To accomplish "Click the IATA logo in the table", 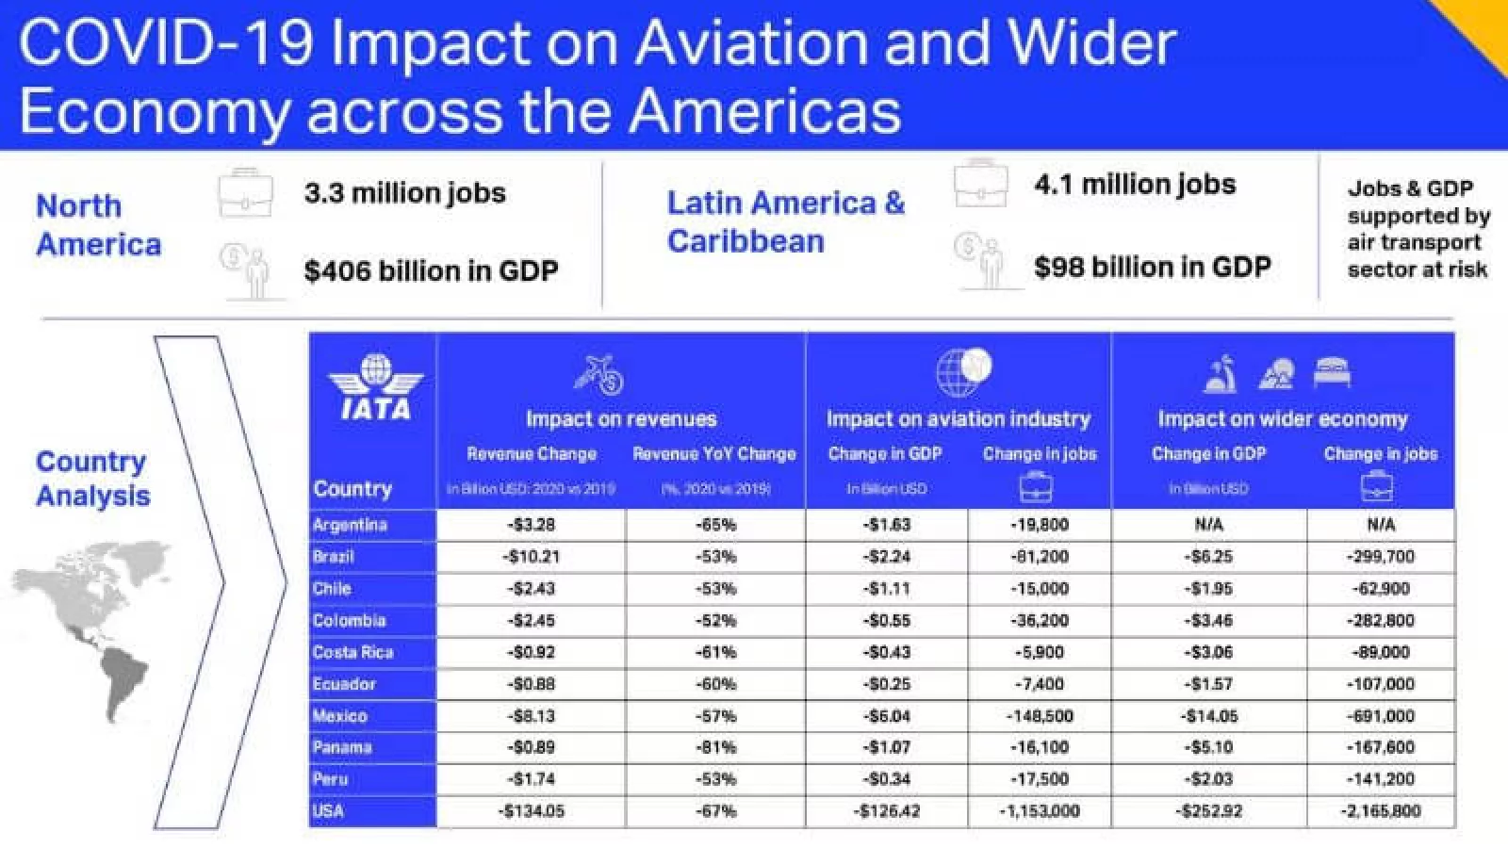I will (375, 387).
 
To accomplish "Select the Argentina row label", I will (350, 525).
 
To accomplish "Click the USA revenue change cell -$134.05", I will (533, 811).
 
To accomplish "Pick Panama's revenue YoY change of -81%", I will (716, 747).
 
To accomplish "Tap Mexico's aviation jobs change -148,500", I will (1040, 716).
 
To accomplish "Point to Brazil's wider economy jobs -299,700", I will (1381, 557).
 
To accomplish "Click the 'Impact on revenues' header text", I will (621, 418).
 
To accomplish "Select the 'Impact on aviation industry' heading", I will (959, 418).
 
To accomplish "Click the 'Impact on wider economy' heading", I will (1283, 418).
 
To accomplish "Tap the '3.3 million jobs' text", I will (404, 193).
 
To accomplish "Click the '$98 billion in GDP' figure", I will (1152, 268).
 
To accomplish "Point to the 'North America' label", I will (98, 225).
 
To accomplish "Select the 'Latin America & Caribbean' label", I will (785, 222).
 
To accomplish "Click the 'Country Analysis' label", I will (92, 479).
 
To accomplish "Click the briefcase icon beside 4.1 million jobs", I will (980, 183).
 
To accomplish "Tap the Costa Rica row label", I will (352, 652).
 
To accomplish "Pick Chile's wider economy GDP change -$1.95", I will (1209, 589).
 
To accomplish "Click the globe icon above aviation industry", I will (963, 371).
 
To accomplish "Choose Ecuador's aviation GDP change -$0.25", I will (887, 684).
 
